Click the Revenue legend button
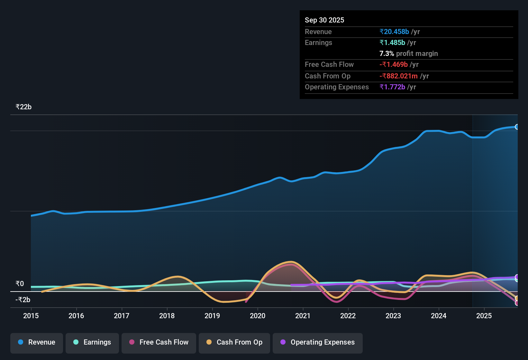point(37,342)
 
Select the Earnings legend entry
point(92,342)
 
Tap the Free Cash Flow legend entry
point(159,342)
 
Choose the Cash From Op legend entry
point(234,342)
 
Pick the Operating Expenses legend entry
point(318,342)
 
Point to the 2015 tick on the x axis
point(31,316)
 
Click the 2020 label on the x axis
point(258,316)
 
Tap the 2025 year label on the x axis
point(484,316)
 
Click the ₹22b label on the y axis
point(23,107)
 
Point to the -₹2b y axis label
point(23,300)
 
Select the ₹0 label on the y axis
point(20,283)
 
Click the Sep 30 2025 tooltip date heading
point(324,20)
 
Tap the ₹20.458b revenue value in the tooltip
point(395,32)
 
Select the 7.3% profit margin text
point(408,53)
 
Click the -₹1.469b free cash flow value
point(394,64)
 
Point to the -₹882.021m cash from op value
point(398,76)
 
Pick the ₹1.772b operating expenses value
point(392,87)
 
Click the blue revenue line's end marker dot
point(517,127)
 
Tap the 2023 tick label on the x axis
point(393,316)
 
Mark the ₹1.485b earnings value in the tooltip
point(392,42)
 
